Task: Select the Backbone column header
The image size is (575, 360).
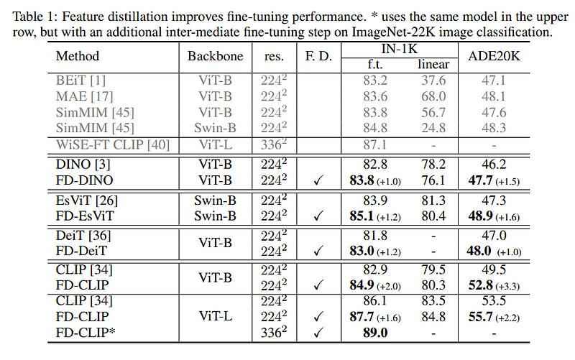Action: click(216, 56)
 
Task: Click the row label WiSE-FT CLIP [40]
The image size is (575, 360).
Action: click(112, 145)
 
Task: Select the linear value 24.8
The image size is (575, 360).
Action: click(432, 129)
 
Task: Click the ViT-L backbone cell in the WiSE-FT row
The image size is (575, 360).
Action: click(216, 145)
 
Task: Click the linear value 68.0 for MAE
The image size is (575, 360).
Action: click(432, 96)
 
